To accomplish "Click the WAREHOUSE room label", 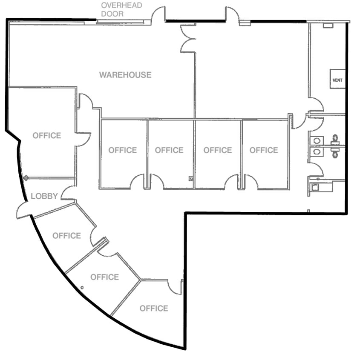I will point(125,75).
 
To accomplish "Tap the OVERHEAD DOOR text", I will point(121,9).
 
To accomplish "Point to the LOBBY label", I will point(44,196).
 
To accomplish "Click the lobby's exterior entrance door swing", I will point(24,210).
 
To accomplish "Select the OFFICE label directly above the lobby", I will point(47,135).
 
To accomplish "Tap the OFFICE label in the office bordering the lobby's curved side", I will point(66,235).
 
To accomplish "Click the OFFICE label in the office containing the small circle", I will point(104,277).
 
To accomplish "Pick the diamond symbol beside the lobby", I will point(26,178).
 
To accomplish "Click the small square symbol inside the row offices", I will point(191,179).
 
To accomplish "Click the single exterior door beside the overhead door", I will point(158,15).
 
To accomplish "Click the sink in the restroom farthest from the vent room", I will point(317,151).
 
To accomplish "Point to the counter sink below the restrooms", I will point(316,186).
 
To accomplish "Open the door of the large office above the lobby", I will point(84,139).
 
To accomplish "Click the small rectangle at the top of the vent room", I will point(328,26).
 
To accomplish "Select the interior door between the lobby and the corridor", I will point(68,193).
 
